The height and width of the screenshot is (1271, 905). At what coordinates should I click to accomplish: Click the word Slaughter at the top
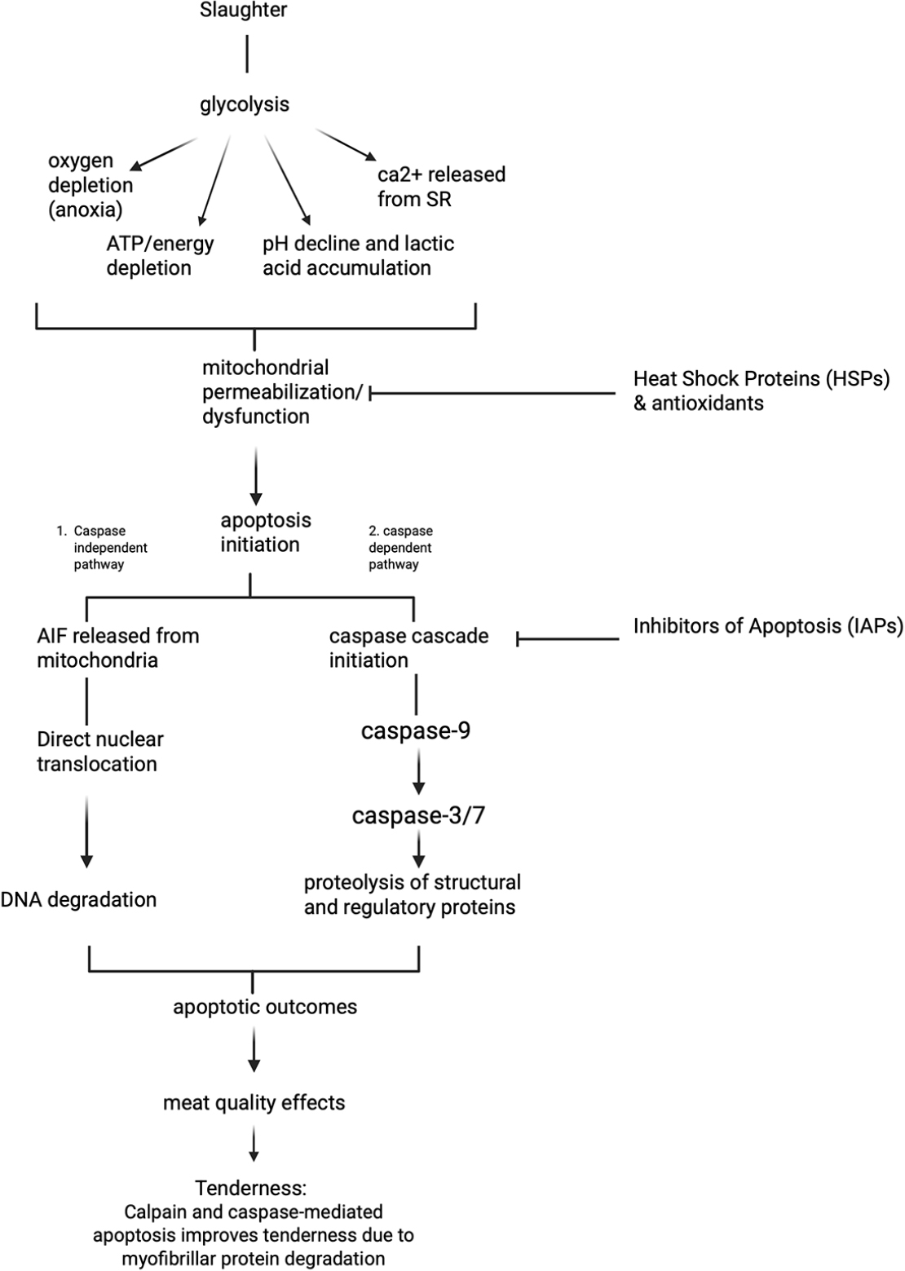243,11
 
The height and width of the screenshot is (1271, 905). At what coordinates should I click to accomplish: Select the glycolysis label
245,104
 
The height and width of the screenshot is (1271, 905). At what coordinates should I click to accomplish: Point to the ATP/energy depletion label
160,255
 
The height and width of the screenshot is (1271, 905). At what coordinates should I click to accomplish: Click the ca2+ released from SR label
441,187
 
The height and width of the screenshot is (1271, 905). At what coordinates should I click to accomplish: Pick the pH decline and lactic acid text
358,255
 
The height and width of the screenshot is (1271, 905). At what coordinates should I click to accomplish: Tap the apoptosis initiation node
265,532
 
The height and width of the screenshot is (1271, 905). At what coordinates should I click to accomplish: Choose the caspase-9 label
416,731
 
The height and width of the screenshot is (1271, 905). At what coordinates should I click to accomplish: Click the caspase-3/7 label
418,815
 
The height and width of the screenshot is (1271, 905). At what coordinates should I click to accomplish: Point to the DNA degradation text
79,900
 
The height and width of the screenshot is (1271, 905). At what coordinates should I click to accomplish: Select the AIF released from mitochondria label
117,648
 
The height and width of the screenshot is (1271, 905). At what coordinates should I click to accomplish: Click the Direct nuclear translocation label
99,752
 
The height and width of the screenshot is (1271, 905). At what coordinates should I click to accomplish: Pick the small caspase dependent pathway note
400,548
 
